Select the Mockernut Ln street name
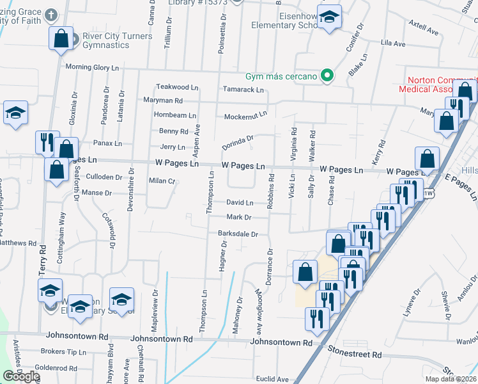point(245,116)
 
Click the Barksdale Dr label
point(238,234)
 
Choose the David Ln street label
point(240,202)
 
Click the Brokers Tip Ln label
point(63,352)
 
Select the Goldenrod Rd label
point(56,368)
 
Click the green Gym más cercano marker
point(327,76)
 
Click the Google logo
point(20,376)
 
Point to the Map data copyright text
point(451,379)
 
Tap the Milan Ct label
point(162,181)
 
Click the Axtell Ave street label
point(423,30)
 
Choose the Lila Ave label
point(393,44)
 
